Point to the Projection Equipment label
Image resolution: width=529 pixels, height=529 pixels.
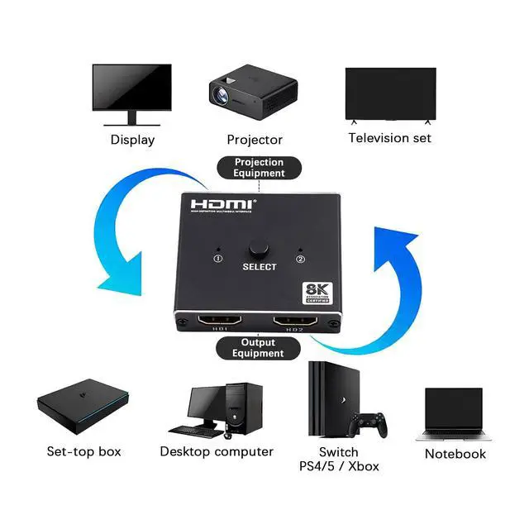[x=259, y=168]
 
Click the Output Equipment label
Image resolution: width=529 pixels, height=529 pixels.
[x=258, y=348]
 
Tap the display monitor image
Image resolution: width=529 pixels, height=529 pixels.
[x=131, y=93]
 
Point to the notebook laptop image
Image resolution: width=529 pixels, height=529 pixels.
[x=454, y=413]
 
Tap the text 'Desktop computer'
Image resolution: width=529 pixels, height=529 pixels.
[x=217, y=451]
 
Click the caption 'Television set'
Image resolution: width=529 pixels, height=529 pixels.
[x=389, y=138]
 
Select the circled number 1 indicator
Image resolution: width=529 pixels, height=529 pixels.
[x=218, y=258]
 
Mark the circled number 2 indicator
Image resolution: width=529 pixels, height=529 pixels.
[x=301, y=259]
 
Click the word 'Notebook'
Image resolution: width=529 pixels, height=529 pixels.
[x=455, y=454]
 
